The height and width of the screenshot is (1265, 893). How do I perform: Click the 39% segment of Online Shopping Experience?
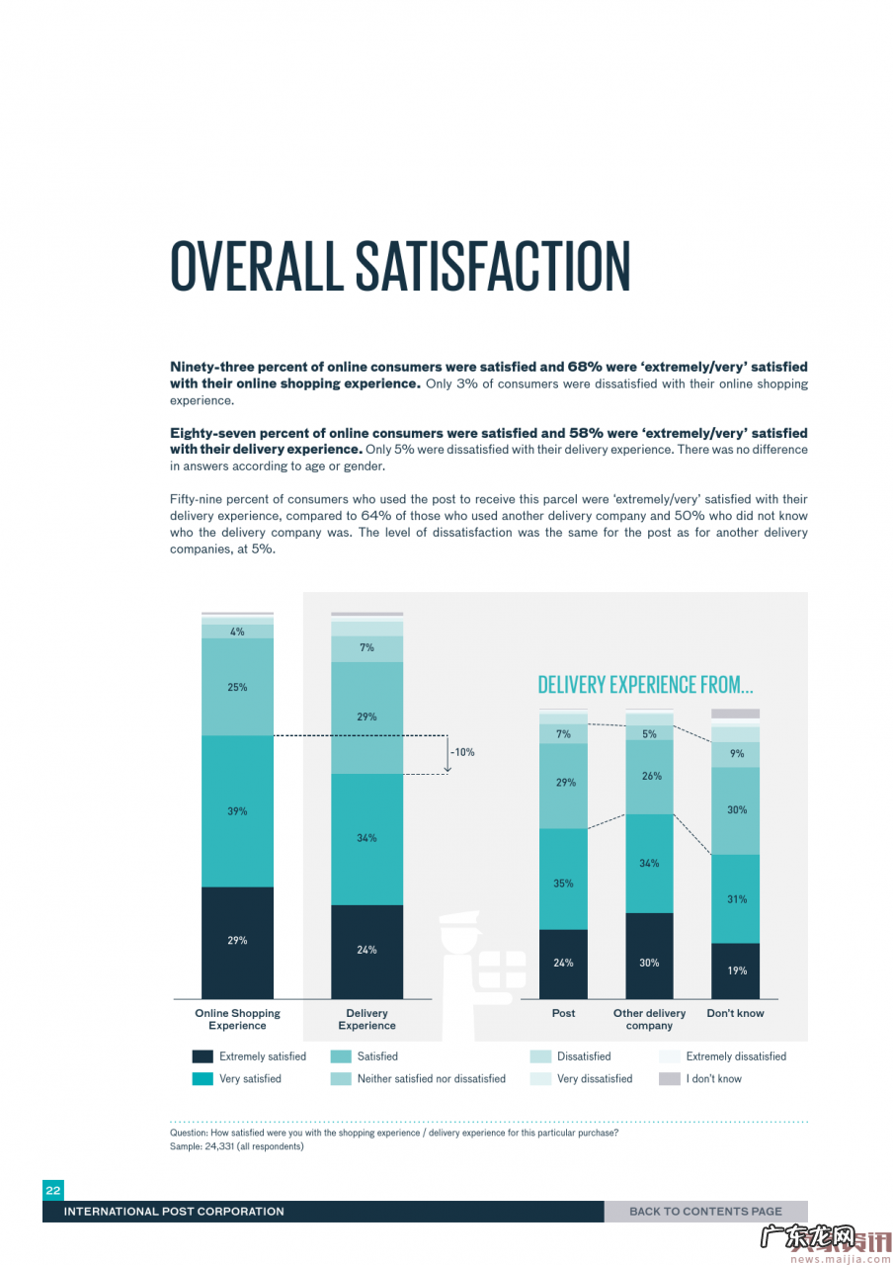(237, 811)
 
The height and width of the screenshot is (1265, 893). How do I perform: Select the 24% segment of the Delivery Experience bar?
(366, 950)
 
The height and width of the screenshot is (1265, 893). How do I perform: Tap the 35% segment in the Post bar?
(563, 883)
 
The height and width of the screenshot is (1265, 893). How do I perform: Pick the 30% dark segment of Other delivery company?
(649, 962)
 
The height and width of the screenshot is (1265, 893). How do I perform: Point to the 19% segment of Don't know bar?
(736, 970)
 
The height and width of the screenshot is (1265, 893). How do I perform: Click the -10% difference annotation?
(462, 752)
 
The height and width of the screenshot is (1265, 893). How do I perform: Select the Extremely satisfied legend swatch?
(203, 1056)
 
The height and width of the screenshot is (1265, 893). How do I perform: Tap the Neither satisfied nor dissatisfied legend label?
(431, 1079)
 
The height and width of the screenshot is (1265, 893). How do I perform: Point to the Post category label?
(563, 1013)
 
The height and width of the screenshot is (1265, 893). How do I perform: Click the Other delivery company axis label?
(649, 1019)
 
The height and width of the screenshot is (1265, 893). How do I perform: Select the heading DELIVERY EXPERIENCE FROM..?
(645, 684)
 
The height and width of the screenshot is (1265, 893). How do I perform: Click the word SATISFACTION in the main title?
(492, 266)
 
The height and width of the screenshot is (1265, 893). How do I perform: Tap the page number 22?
(53, 1191)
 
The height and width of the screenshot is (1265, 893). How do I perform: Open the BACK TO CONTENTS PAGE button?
(705, 1212)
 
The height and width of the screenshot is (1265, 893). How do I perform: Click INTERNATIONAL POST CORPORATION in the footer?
(174, 1212)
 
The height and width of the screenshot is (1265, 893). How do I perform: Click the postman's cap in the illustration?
(458, 920)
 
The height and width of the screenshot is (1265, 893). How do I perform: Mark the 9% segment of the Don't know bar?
(736, 754)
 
